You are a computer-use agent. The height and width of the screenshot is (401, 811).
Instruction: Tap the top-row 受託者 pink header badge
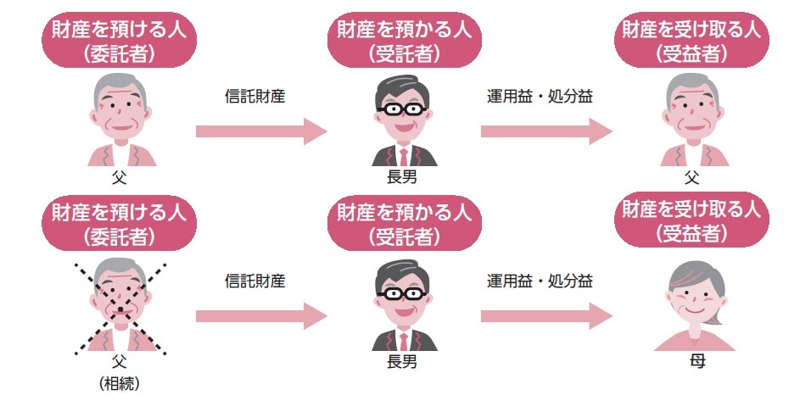pos(404,42)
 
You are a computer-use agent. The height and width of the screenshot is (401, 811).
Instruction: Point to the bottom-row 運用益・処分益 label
pos(540,281)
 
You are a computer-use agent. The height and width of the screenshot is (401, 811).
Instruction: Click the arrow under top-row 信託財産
pos(260,131)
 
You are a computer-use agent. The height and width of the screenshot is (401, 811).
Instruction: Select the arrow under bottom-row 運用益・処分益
pos(545,316)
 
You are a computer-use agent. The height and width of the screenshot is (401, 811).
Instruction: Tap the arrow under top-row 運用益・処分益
pos(545,131)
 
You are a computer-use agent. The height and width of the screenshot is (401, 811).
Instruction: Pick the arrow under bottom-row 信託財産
pos(260,316)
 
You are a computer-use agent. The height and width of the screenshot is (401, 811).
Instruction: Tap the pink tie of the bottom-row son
pos(404,340)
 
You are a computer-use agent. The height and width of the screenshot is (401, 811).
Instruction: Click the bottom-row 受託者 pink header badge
pos(404,226)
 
